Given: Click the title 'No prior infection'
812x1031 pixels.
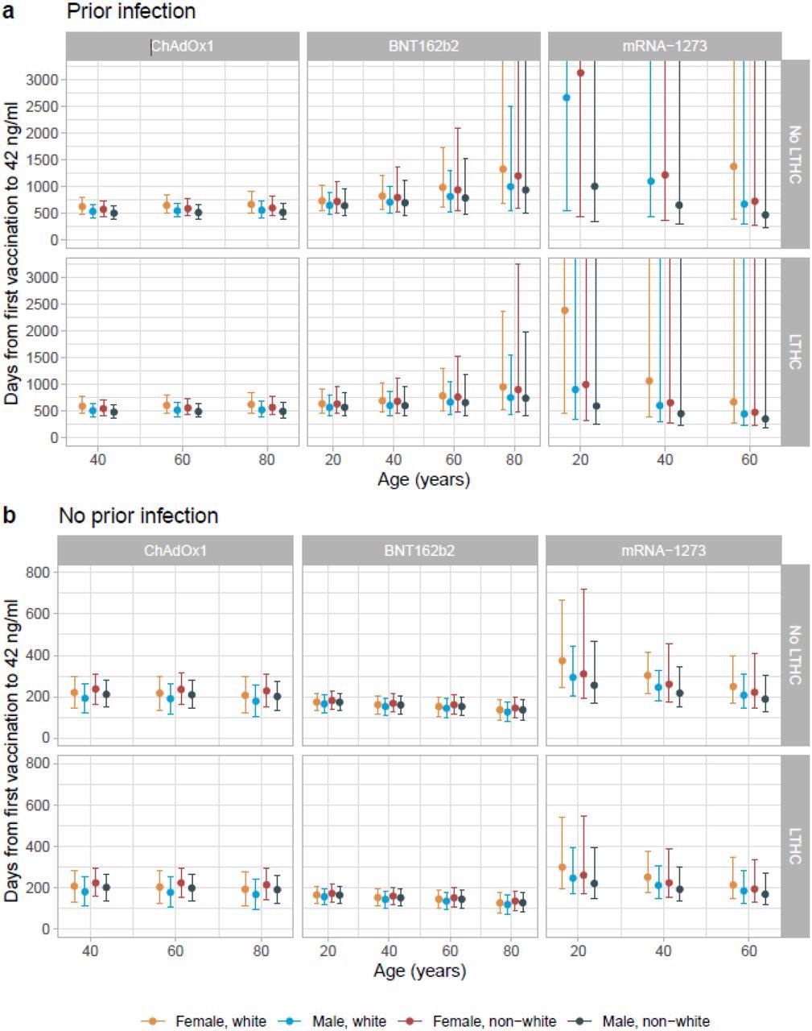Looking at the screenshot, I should click(x=138, y=515).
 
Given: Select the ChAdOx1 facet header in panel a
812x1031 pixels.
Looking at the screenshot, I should click(x=183, y=46).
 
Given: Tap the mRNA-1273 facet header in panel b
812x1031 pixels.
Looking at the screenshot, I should click(x=663, y=551).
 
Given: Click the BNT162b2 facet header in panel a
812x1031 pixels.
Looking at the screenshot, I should click(x=423, y=46).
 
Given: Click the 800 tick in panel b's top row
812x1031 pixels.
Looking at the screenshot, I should click(x=41, y=572).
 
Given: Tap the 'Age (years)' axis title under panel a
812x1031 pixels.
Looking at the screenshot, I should click(x=424, y=480).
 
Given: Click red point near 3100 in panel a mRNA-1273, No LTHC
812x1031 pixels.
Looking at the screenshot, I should click(x=581, y=73).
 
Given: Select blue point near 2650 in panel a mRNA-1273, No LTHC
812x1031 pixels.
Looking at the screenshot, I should click(x=567, y=97).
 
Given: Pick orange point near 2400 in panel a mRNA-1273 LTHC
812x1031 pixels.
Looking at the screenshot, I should click(x=565, y=310).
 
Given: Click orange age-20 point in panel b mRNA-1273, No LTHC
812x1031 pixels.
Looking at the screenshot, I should click(x=563, y=661).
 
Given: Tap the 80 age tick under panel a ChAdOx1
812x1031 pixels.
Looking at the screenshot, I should click(x=266, y=460).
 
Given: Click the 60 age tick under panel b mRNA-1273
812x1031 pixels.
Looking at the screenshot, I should click(x=749, y=951).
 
